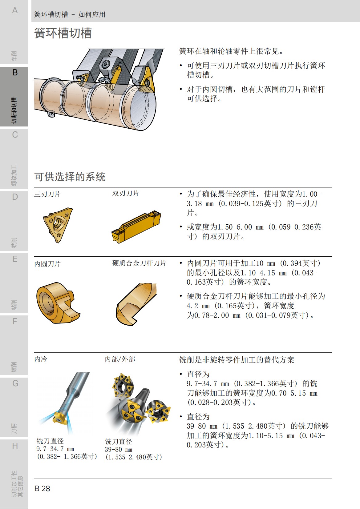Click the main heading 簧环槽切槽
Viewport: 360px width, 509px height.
63,33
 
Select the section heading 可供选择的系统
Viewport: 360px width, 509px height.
70,177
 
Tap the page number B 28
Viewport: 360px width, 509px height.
42,488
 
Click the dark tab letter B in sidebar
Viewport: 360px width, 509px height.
15,73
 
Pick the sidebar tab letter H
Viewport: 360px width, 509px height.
15,446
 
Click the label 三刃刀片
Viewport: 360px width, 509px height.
47,194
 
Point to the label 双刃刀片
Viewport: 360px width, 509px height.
126,193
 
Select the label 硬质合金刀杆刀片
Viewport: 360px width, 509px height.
139,263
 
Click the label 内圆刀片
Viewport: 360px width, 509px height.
47,264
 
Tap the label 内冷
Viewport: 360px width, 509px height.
41,359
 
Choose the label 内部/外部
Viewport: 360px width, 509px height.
120,359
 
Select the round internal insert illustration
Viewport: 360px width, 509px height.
57,303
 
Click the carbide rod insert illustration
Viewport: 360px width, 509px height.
136,304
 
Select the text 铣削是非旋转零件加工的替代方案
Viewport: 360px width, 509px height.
237,360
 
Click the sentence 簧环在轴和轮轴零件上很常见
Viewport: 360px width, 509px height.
231,51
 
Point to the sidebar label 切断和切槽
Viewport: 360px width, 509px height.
14,110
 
